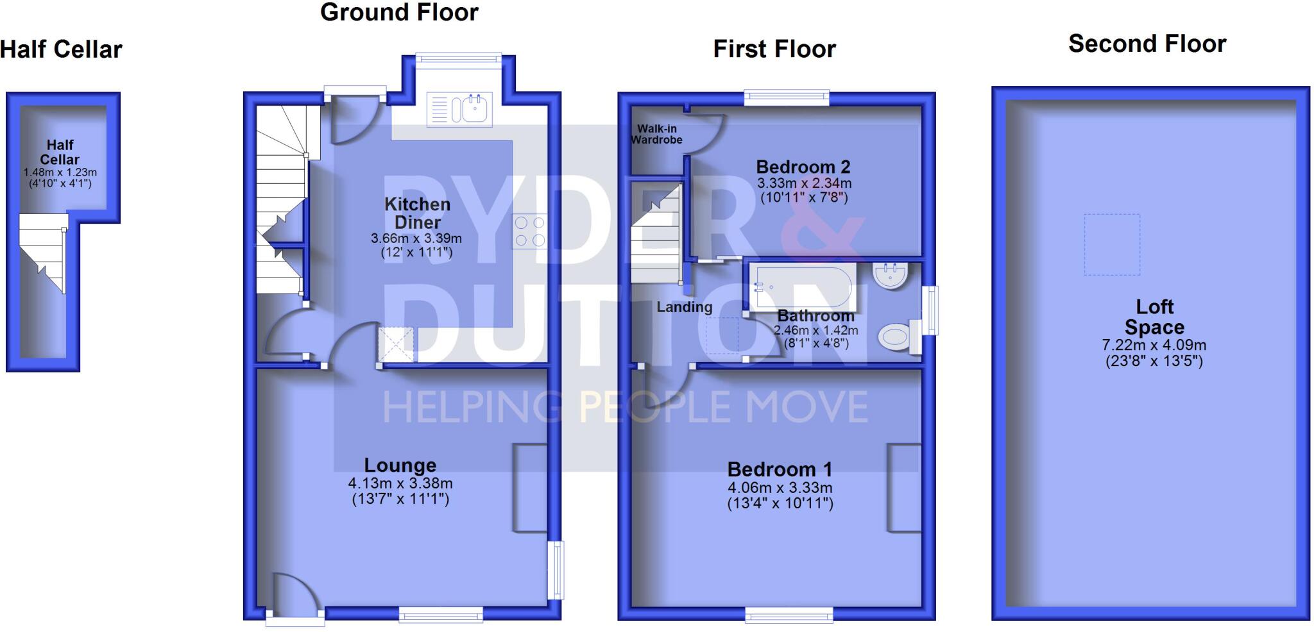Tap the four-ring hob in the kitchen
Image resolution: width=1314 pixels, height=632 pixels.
(529, 231)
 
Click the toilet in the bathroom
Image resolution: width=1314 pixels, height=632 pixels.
(896, 337)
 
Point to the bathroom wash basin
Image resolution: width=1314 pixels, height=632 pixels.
(890, 275)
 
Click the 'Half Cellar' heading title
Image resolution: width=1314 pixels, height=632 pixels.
(61, 49)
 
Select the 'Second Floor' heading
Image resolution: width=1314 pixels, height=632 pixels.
(1147, 44)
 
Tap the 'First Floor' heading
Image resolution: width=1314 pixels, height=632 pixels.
(774, 49)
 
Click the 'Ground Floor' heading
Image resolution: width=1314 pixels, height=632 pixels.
(399, 12)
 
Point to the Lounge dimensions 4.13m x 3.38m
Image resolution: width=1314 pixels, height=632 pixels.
(400, 483)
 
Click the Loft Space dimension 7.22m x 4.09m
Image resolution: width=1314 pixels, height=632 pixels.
(1154, 345)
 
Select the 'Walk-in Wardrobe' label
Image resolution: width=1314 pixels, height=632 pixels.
(656, 134)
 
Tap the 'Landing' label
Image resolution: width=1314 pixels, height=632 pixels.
(685, 307)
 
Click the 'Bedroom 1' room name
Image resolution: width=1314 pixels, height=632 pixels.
(780, 469)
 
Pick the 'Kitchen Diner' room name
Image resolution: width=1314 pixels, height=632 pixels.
(417, 213)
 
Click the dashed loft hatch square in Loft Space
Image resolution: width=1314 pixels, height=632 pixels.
(1112, 244)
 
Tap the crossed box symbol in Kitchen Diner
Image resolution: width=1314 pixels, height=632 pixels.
(396, 345)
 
